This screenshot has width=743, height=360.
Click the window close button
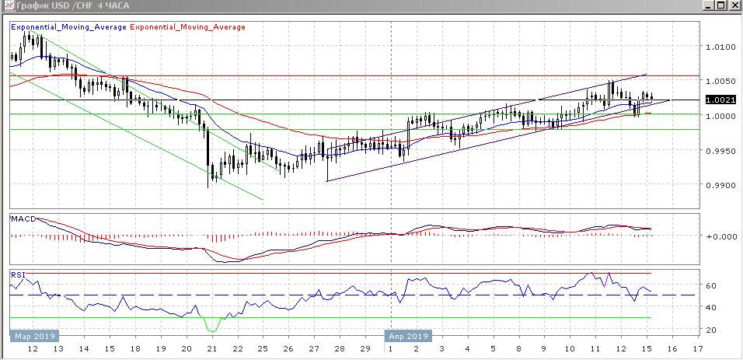(734, 5)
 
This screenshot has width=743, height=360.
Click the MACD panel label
(22, 218)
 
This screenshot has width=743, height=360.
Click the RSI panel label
(17, 274)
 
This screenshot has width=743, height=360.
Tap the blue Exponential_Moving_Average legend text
(68, 27)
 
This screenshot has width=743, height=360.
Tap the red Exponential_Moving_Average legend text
(187, 27)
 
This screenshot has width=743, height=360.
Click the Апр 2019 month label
(408, 337)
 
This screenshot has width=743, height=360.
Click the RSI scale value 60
(710, 286)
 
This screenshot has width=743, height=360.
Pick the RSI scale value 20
(710, 330)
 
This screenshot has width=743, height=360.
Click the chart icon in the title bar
(6, 5)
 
